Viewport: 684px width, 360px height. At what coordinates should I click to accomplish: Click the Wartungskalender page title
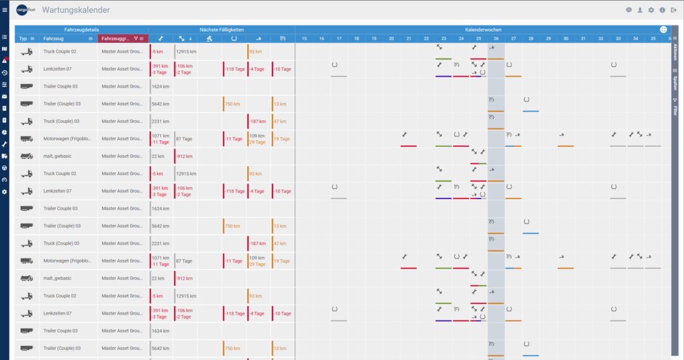click(x=75, y=10)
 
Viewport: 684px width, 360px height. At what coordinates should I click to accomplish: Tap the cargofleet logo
click(x=25, y=10)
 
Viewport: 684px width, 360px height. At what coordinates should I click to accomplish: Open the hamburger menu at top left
click(x=5, y=10)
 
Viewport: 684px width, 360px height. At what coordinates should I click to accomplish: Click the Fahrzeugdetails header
click(x=81, y=30)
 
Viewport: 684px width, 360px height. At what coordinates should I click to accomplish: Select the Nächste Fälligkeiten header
click(x=221, y=30)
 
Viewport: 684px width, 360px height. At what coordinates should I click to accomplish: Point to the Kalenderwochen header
click(x=484, y=30)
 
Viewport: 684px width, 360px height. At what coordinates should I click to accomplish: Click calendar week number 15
click(x=304, y=39)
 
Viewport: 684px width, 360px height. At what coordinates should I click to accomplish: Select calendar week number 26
click(x=496, y=39)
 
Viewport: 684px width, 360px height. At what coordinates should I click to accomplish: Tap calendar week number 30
click(x=566, y=39)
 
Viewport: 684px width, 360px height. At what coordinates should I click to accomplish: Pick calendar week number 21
click(x=409, y=39)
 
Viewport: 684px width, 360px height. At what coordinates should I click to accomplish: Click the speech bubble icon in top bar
click(x=629, y=10)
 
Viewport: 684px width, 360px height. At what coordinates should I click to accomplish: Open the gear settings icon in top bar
click(x=651, y=10)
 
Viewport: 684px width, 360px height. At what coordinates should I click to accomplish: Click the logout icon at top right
click(x=673, y=10)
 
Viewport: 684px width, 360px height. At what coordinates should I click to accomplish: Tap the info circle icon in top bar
click(x=662, y=10)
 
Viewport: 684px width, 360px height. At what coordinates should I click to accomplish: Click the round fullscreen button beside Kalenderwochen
click(x=663, y=30)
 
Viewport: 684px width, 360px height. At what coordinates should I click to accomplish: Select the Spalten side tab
click(x=675, y=81)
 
